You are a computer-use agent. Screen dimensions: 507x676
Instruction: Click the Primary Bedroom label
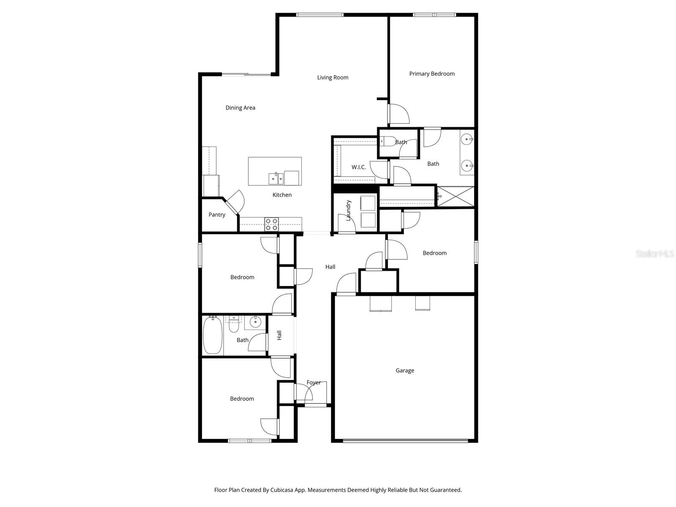coord(432,74)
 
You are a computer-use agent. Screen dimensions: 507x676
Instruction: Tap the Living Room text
coord(333,78)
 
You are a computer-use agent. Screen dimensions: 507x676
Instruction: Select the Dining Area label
coord(240,108)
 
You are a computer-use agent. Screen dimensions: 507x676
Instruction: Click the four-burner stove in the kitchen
coord(271,224)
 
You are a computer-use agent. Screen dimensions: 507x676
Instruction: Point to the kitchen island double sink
coord(276,178)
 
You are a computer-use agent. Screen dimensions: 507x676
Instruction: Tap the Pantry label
coord(217,215)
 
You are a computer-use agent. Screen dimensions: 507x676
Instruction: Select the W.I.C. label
coord(359,167)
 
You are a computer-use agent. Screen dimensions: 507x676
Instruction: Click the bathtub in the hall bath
coord(213,336)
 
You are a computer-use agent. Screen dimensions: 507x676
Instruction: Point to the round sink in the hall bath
coord(255,323)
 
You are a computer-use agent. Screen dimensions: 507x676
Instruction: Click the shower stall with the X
coord(455,196)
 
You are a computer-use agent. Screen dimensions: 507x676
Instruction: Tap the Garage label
coord(405,371)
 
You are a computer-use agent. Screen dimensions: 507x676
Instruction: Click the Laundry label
coord(349,210)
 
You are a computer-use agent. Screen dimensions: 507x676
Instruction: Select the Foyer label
coord(313,383)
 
